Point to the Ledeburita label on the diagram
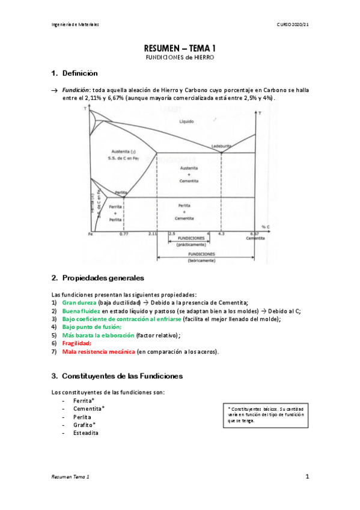(221, 146)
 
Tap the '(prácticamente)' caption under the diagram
(191, 245)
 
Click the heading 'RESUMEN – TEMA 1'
(180, 48)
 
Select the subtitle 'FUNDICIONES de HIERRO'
(180, 58)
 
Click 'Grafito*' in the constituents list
(85, 425)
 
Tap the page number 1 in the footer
(307, 477)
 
